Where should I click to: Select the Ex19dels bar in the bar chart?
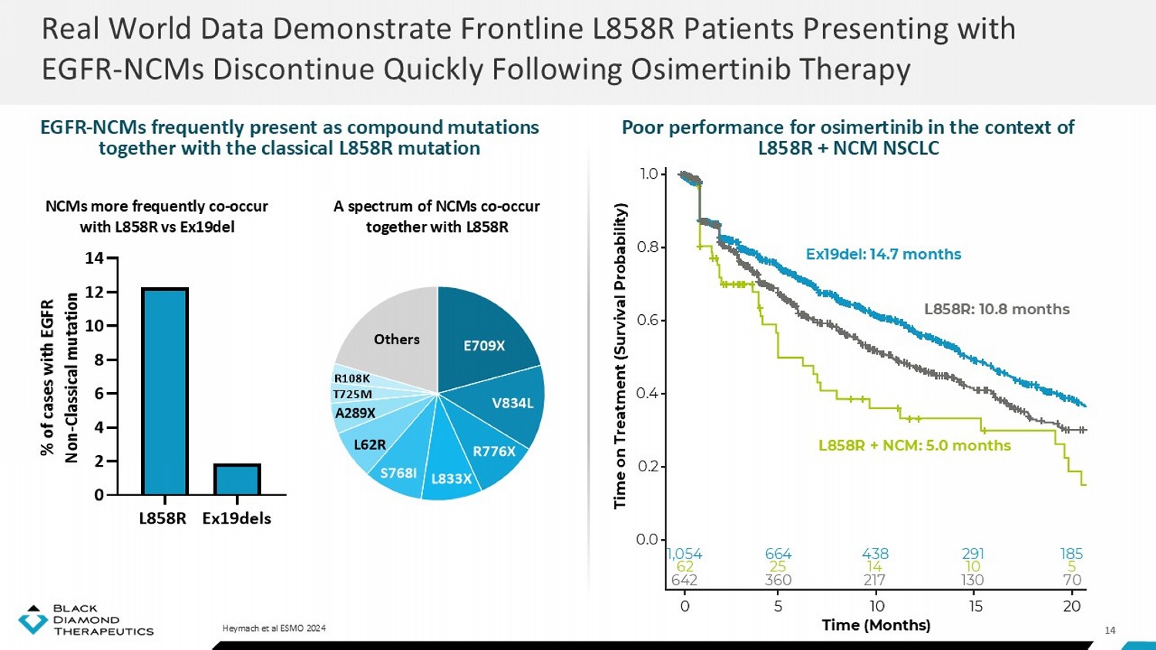(237, 479)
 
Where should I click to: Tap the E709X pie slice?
(484, 345)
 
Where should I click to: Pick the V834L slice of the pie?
(512, 403)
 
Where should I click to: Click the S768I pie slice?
(398, 472)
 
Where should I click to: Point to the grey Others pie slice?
(396, 339)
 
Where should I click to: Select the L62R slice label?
(370, 444)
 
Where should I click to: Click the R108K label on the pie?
(352, 378)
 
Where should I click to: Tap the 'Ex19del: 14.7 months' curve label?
(883, 254)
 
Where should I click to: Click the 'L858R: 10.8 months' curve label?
(996, 309)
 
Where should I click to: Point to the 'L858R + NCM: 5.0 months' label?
(914, 445)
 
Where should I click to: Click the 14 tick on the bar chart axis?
(94, 258)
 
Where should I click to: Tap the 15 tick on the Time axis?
(975, 606)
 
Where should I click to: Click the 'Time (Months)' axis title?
(876, 625)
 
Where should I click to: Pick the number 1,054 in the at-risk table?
(684, 554)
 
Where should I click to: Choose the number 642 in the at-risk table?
(684, 580)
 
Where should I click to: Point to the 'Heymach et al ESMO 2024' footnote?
(274, 628)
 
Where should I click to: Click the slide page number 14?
(1110, 630)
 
